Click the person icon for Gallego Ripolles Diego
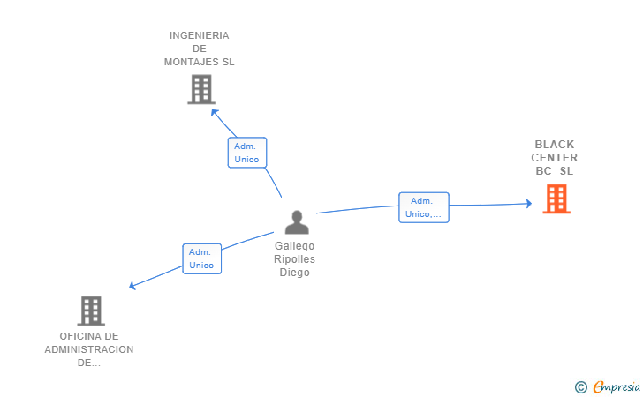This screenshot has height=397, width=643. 297,222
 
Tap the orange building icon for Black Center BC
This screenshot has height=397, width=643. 556,199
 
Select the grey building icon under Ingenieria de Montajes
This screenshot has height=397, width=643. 201,89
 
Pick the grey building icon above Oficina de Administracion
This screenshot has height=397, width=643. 91,311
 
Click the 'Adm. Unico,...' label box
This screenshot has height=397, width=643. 424,207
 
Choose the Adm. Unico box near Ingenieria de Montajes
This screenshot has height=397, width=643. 246,153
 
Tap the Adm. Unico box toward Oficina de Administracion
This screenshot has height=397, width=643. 201,258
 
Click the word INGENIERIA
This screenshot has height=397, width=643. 199,35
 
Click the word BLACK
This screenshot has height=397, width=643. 555,145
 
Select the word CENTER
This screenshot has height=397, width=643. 555,158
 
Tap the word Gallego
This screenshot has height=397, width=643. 294,246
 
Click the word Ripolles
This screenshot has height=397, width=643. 294,259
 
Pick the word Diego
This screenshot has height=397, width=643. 294,273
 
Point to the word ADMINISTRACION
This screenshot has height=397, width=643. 89,349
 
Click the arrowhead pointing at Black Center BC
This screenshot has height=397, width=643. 528,204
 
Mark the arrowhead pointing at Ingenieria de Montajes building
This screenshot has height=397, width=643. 214,112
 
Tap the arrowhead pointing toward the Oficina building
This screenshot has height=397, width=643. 132,285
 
